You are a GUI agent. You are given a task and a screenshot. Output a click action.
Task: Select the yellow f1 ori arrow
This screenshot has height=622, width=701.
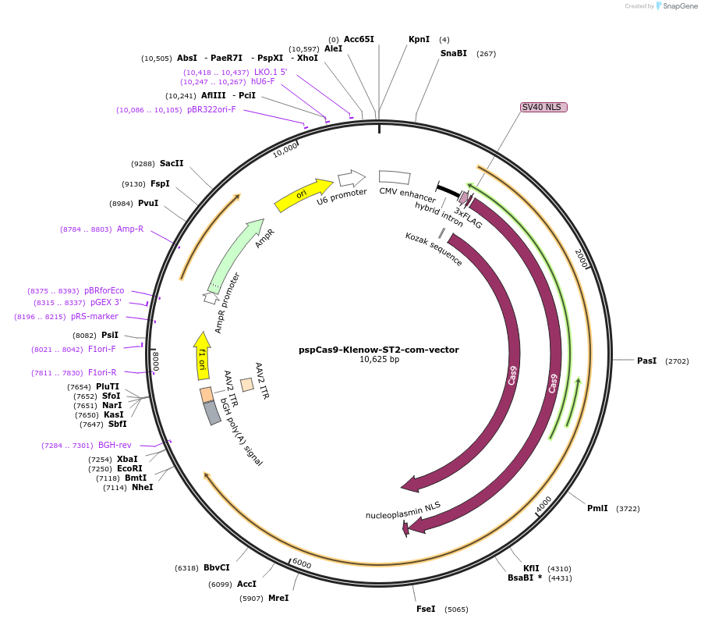tap(202, 355)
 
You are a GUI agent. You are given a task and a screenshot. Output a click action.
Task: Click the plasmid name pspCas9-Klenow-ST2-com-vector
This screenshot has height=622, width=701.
tap(379, 350)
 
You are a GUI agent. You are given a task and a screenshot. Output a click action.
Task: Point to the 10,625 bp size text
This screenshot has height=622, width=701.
tap(379, 360)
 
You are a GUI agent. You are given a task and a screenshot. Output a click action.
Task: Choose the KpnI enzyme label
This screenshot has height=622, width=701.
tap(419, 39)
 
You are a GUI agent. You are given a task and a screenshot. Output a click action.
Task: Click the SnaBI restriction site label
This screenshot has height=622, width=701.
tap(453, 54)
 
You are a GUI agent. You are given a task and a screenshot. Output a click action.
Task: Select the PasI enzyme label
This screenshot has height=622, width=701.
tap(646, 361)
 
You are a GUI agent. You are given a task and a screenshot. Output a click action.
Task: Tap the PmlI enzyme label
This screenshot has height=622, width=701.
tap(597, 509)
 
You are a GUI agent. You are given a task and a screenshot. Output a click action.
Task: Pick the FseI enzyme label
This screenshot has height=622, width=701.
tap(426, 609)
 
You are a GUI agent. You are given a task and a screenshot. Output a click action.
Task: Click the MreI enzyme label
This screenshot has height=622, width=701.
tap(278, 599)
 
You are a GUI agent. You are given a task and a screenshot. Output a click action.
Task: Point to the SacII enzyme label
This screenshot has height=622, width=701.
tap(172, 164)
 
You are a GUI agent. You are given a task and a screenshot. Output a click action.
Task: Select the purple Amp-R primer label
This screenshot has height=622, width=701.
tap(130, 229)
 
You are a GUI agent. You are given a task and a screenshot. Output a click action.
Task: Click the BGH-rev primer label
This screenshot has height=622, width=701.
tap(115, 446)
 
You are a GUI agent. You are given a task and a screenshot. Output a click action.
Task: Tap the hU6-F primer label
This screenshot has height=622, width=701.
tap(263, 81)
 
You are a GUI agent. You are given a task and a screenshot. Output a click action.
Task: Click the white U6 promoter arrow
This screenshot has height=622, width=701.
tap(352, 178)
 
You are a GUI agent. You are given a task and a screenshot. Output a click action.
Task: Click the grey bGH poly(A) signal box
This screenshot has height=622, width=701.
tap(211, 412)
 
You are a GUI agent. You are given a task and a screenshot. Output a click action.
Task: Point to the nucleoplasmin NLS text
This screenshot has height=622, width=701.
tap(402, 510)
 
